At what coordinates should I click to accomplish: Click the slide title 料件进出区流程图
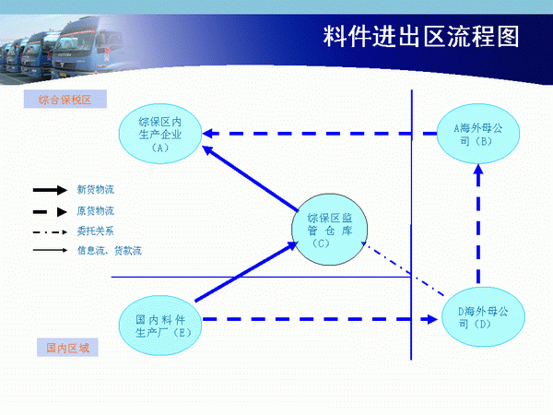[421, 36]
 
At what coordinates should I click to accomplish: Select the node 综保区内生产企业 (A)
[160, 134]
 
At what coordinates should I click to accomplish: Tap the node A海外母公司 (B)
[477, 134]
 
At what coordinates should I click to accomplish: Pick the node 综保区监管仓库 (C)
[329, 230]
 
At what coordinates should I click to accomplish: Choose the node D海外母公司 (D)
[483, 317]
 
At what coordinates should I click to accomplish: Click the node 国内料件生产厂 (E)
[160, 326]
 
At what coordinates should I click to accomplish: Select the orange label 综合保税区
[65, 100]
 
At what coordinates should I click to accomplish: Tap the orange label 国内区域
[67, 348]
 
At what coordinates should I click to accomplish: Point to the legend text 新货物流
[96, 190]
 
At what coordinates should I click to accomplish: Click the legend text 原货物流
[96, 211]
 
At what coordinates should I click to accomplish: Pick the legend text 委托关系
[95, 231]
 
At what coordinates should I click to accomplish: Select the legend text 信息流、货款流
[110, 251]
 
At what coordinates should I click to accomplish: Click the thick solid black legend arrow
[50, 190]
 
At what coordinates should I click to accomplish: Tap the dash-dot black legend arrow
[50, 232]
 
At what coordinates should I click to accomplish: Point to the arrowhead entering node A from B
[207, 134]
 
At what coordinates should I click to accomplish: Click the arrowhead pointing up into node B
[478, 170]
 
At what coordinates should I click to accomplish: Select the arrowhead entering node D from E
[431, 319]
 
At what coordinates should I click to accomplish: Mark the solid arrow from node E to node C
[246, 271]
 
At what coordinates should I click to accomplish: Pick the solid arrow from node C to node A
[251, 179]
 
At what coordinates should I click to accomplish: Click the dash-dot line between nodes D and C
[403, 268]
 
